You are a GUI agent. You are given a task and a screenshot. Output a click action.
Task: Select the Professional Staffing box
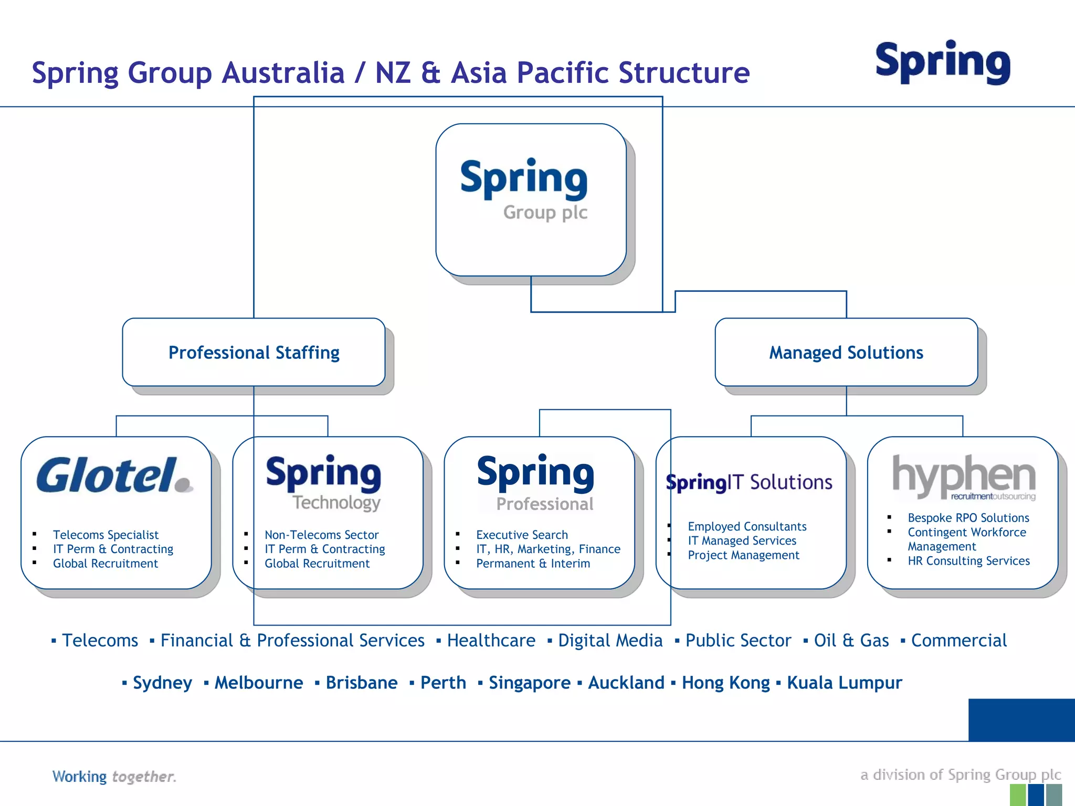(x=254, y=353)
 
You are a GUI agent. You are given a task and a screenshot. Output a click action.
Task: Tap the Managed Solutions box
(x=846, y=353)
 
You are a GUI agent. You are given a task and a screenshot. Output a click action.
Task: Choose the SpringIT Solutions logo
(x=749, y=482)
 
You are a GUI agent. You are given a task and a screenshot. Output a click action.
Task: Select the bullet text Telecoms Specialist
(x=106, y=535)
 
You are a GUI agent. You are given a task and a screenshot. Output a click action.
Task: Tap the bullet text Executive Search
(x=522, y=535)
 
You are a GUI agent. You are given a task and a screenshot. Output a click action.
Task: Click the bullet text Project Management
(x=743, y=555)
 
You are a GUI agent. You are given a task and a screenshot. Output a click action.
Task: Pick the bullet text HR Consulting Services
(x=968, y=561)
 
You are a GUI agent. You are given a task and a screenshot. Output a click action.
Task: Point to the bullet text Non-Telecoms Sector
(x=321, y=535)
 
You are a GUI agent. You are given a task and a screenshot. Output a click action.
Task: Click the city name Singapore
(x=529, y=683)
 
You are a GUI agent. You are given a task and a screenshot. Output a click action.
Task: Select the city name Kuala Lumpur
(x=844, y=683)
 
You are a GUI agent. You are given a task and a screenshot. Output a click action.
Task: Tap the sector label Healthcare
(x=491, y=641)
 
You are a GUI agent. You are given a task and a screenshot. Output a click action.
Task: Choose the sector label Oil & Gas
(x=851, y=641)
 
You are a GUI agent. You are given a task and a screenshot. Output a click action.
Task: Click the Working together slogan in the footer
(x=114, y=777)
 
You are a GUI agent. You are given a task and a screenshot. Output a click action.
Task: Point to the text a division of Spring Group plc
(x=961, y=775)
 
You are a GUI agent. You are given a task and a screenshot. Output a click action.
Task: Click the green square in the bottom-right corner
(x=1017, y=795)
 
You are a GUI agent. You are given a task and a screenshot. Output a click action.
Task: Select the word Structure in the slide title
(x=684, y=72)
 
